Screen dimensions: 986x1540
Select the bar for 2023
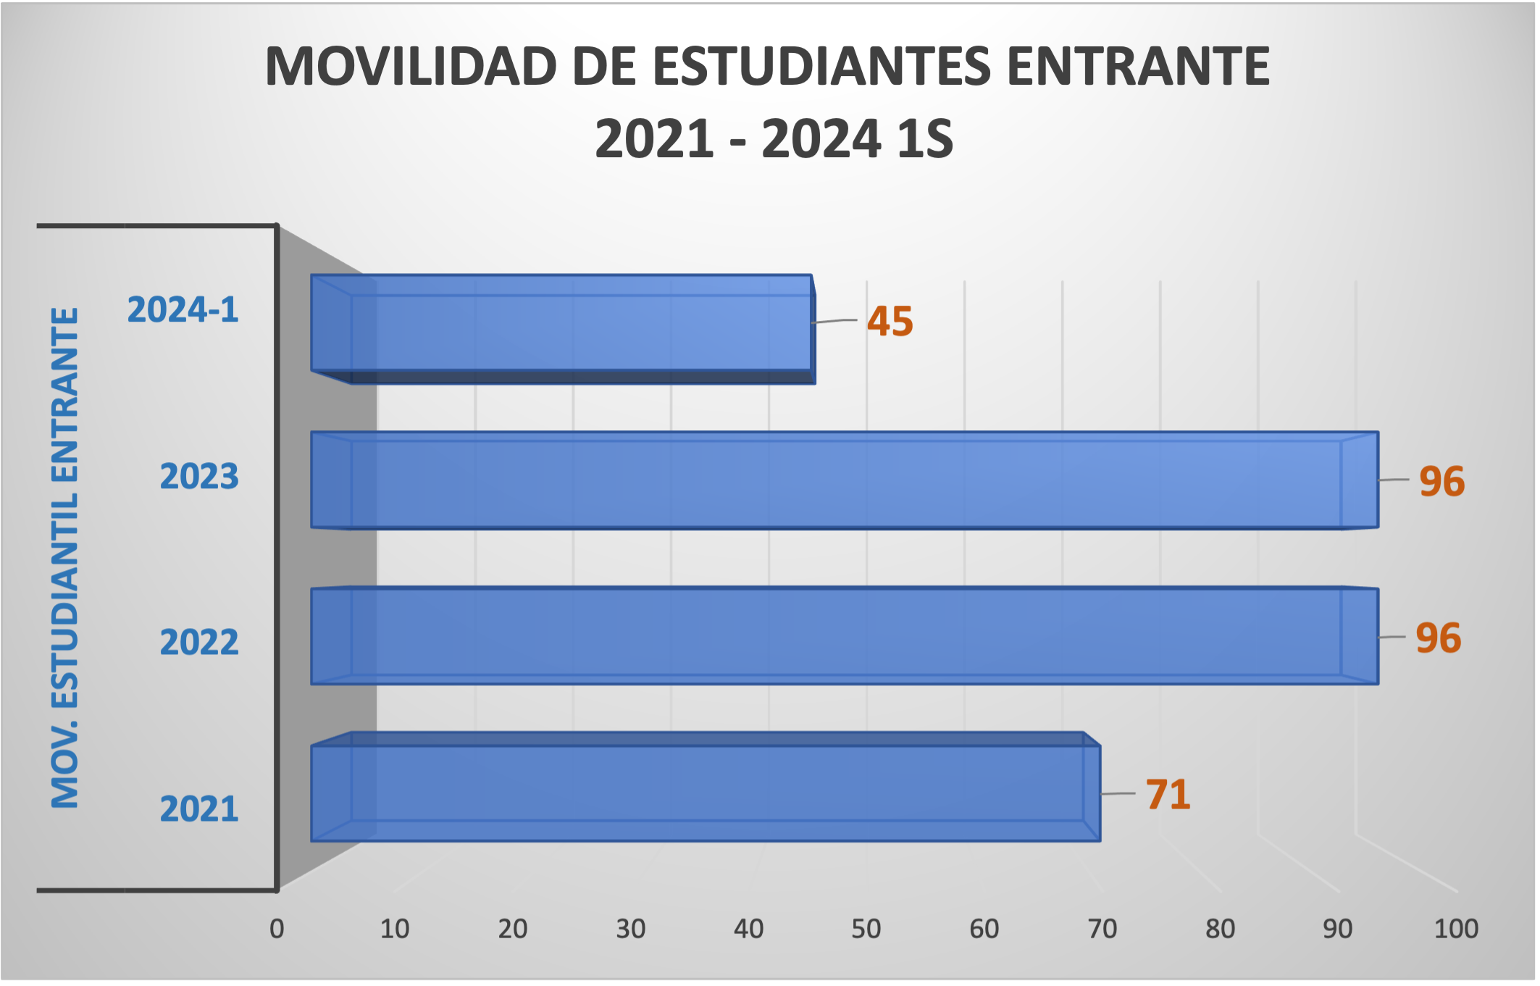point(844,480)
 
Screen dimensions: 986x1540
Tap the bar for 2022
point(844,636)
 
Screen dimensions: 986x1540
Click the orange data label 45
point(890,322)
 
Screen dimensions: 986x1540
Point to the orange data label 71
point(1168,795)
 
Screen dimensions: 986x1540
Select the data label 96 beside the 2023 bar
point(1441,482)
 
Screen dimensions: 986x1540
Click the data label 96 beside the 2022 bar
point(1438,638)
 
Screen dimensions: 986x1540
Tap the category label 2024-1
point(183,310)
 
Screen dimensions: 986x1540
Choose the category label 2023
point(199,477)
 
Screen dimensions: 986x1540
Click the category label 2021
point(199,809)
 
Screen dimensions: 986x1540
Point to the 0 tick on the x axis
point(277,929)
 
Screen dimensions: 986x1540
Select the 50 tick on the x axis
point(866,929)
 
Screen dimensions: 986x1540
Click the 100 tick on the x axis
point(1456,929)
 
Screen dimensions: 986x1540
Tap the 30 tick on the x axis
point(630,929)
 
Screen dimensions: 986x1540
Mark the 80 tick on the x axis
point(1220,929)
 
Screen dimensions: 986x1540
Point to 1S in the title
point(924,139)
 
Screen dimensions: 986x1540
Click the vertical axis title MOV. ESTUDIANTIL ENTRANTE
point(65,558)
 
